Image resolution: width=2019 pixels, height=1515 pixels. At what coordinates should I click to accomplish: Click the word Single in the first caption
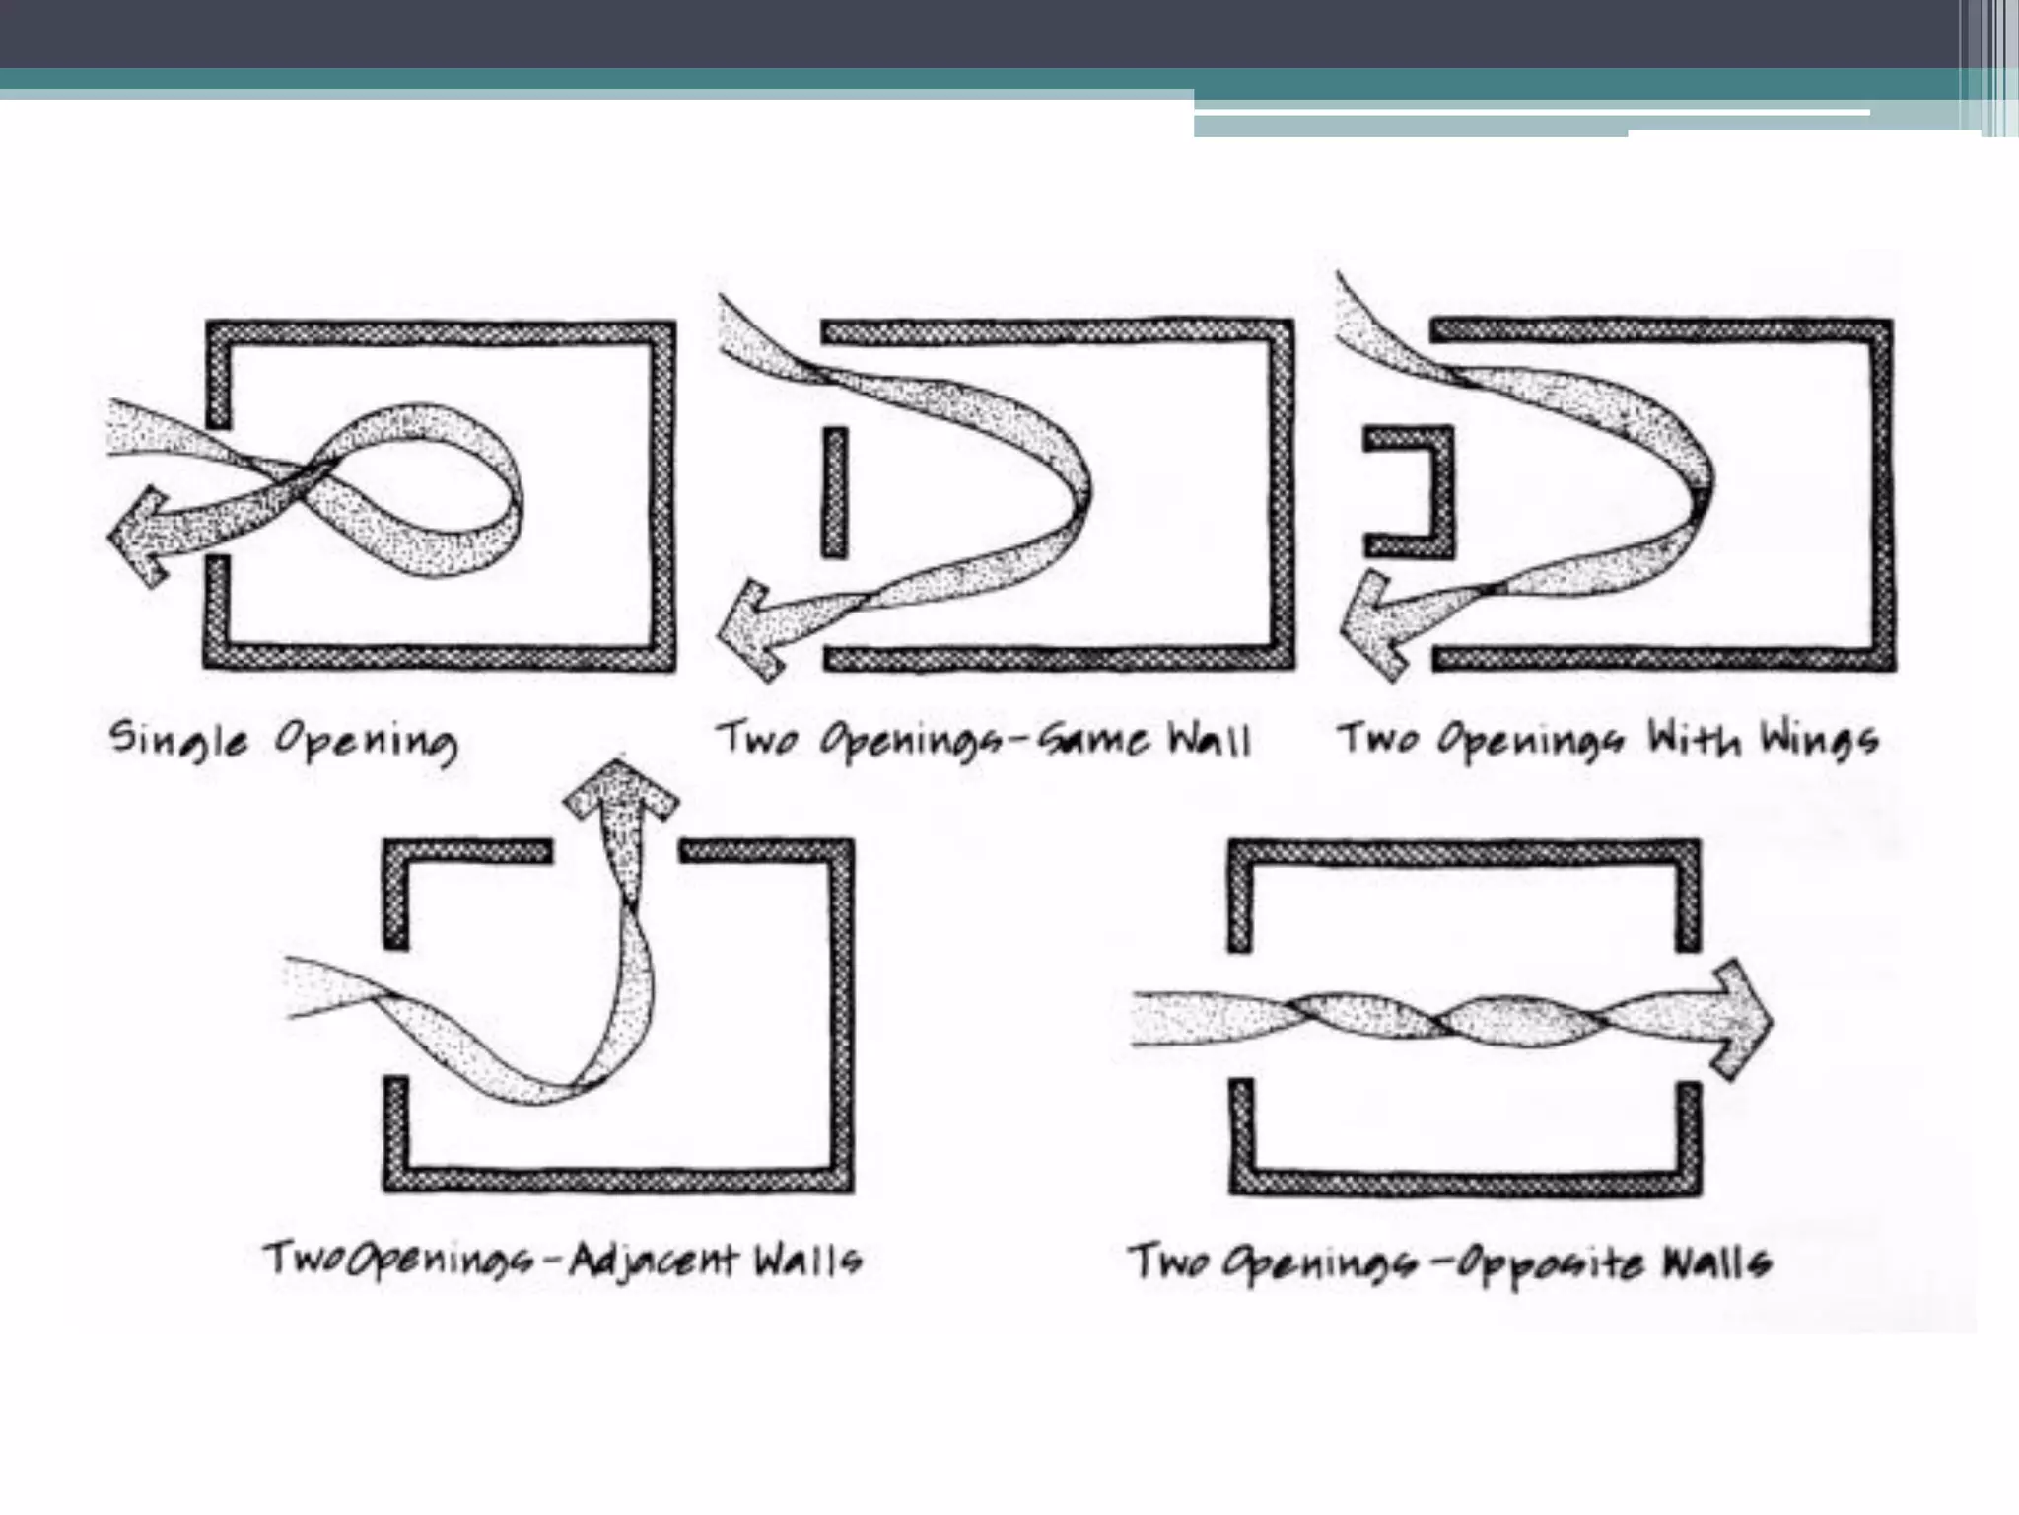click(178, 740)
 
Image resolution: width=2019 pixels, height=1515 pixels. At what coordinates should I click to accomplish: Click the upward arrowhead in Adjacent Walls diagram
click(621, 788)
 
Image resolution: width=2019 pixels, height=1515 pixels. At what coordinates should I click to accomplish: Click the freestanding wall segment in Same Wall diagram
click(834, 492)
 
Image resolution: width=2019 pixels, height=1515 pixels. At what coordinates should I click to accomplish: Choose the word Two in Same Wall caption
click(757, 737)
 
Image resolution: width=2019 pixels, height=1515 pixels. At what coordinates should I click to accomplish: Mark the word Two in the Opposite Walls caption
click(1169, 1261)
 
